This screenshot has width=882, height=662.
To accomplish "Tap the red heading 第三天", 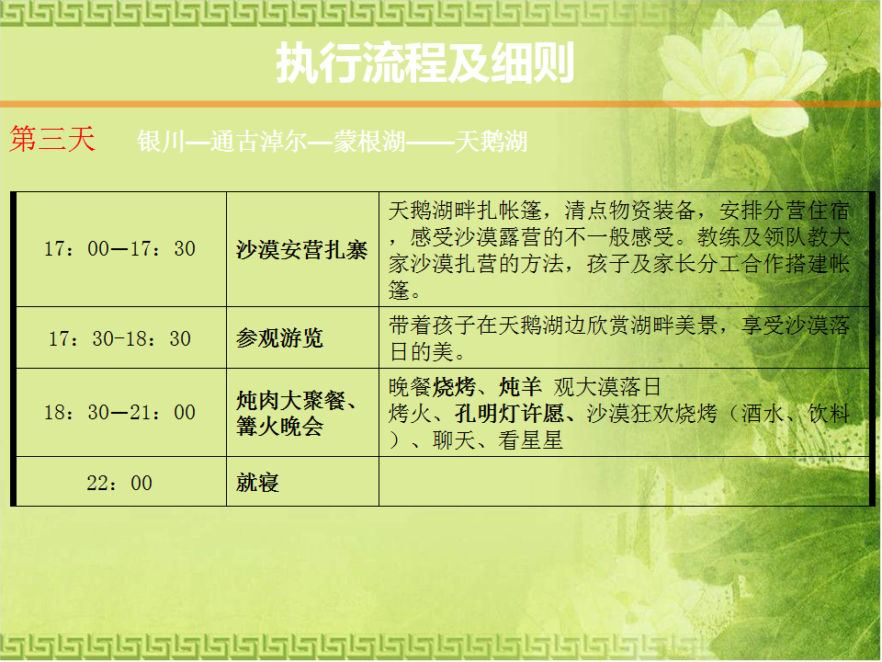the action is pos(52,139).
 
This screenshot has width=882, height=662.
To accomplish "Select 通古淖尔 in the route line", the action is pos(259,142).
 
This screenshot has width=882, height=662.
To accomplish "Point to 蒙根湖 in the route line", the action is pos(369,142).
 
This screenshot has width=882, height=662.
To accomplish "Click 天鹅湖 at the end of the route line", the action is pos(491,142).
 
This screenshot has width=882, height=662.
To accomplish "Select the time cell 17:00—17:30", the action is pos(119,249).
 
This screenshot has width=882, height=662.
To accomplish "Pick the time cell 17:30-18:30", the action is pos(119,338).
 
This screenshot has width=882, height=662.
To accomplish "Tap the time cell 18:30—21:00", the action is pos(119,412).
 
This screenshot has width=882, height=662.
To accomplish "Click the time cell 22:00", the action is pos(119,483).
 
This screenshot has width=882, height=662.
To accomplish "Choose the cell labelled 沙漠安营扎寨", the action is pos(301,250).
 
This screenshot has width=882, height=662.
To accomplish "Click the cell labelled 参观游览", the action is pos(279,337).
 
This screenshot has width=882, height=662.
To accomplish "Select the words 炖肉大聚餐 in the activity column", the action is pos(291,400).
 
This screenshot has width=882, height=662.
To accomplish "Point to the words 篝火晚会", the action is pos(279,426).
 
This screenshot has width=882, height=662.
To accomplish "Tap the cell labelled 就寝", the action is pos(257,483).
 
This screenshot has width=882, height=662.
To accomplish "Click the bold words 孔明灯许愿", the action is pos(510,414).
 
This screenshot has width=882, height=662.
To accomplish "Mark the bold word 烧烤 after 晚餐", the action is pos(454,387).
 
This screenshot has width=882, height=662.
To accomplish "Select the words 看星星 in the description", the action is pos(530,440).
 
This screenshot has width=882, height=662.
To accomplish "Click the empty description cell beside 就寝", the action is pos(625,481).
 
